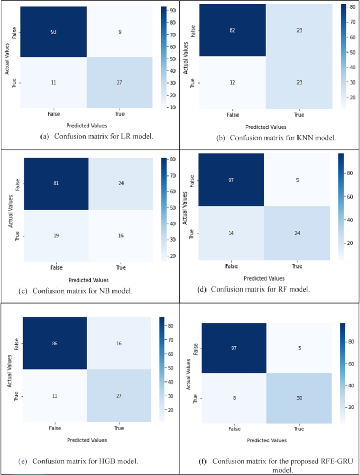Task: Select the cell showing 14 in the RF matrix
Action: tap(231, 233)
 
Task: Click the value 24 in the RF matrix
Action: tap(297, 233)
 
